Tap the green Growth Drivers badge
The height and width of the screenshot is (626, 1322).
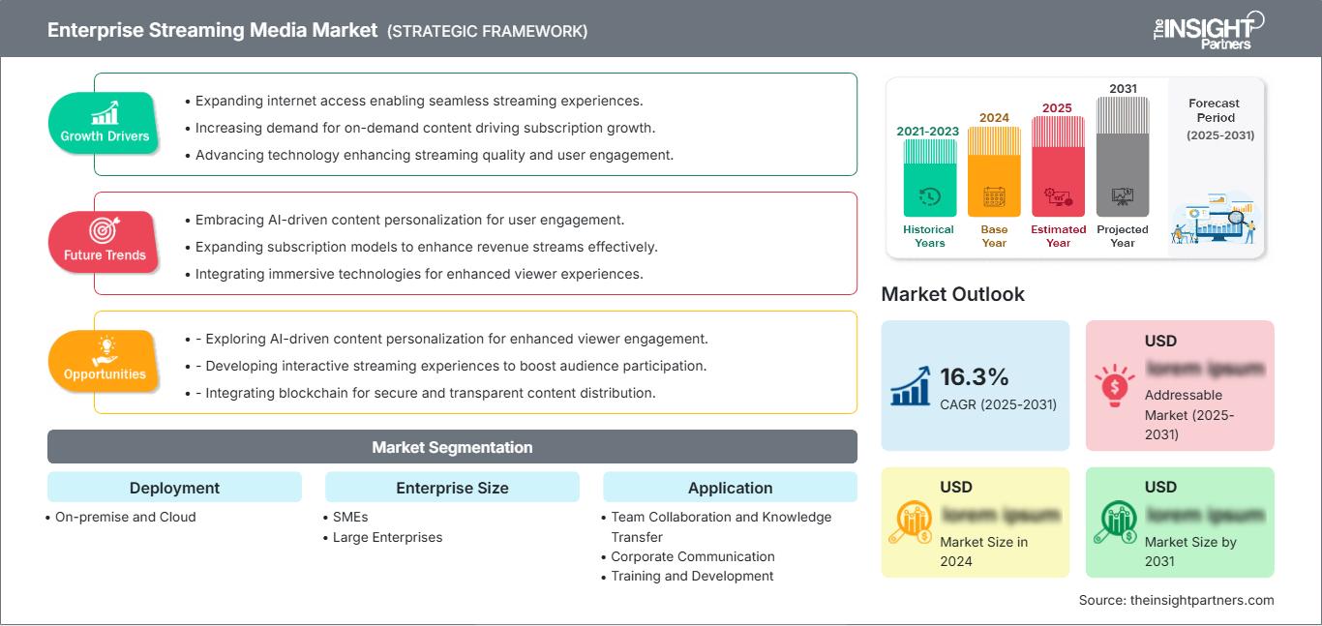coord(104,123)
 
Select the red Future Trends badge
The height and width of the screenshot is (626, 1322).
coord(104,242)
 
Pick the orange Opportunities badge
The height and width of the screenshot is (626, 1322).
coord(104,361)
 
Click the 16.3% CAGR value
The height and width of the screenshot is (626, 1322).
coord(974,376)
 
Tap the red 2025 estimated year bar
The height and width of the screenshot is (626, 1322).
coord(1058,165)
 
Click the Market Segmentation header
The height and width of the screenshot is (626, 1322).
coord(452,447)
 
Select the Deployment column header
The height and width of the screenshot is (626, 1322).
coord(174,488)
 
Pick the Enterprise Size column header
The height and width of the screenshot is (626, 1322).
coord(452,488)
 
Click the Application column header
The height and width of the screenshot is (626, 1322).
coord(730,488)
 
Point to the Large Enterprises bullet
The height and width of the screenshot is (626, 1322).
coord(387,537)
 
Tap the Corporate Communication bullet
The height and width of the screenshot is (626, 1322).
coord(693,556)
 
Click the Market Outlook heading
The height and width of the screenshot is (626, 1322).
coord(952,294)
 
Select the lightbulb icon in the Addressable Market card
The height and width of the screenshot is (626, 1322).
coord(1114,384)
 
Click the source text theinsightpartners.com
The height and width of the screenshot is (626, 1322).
coord(1176,600)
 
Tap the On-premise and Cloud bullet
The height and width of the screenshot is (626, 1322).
coord(125,517)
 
